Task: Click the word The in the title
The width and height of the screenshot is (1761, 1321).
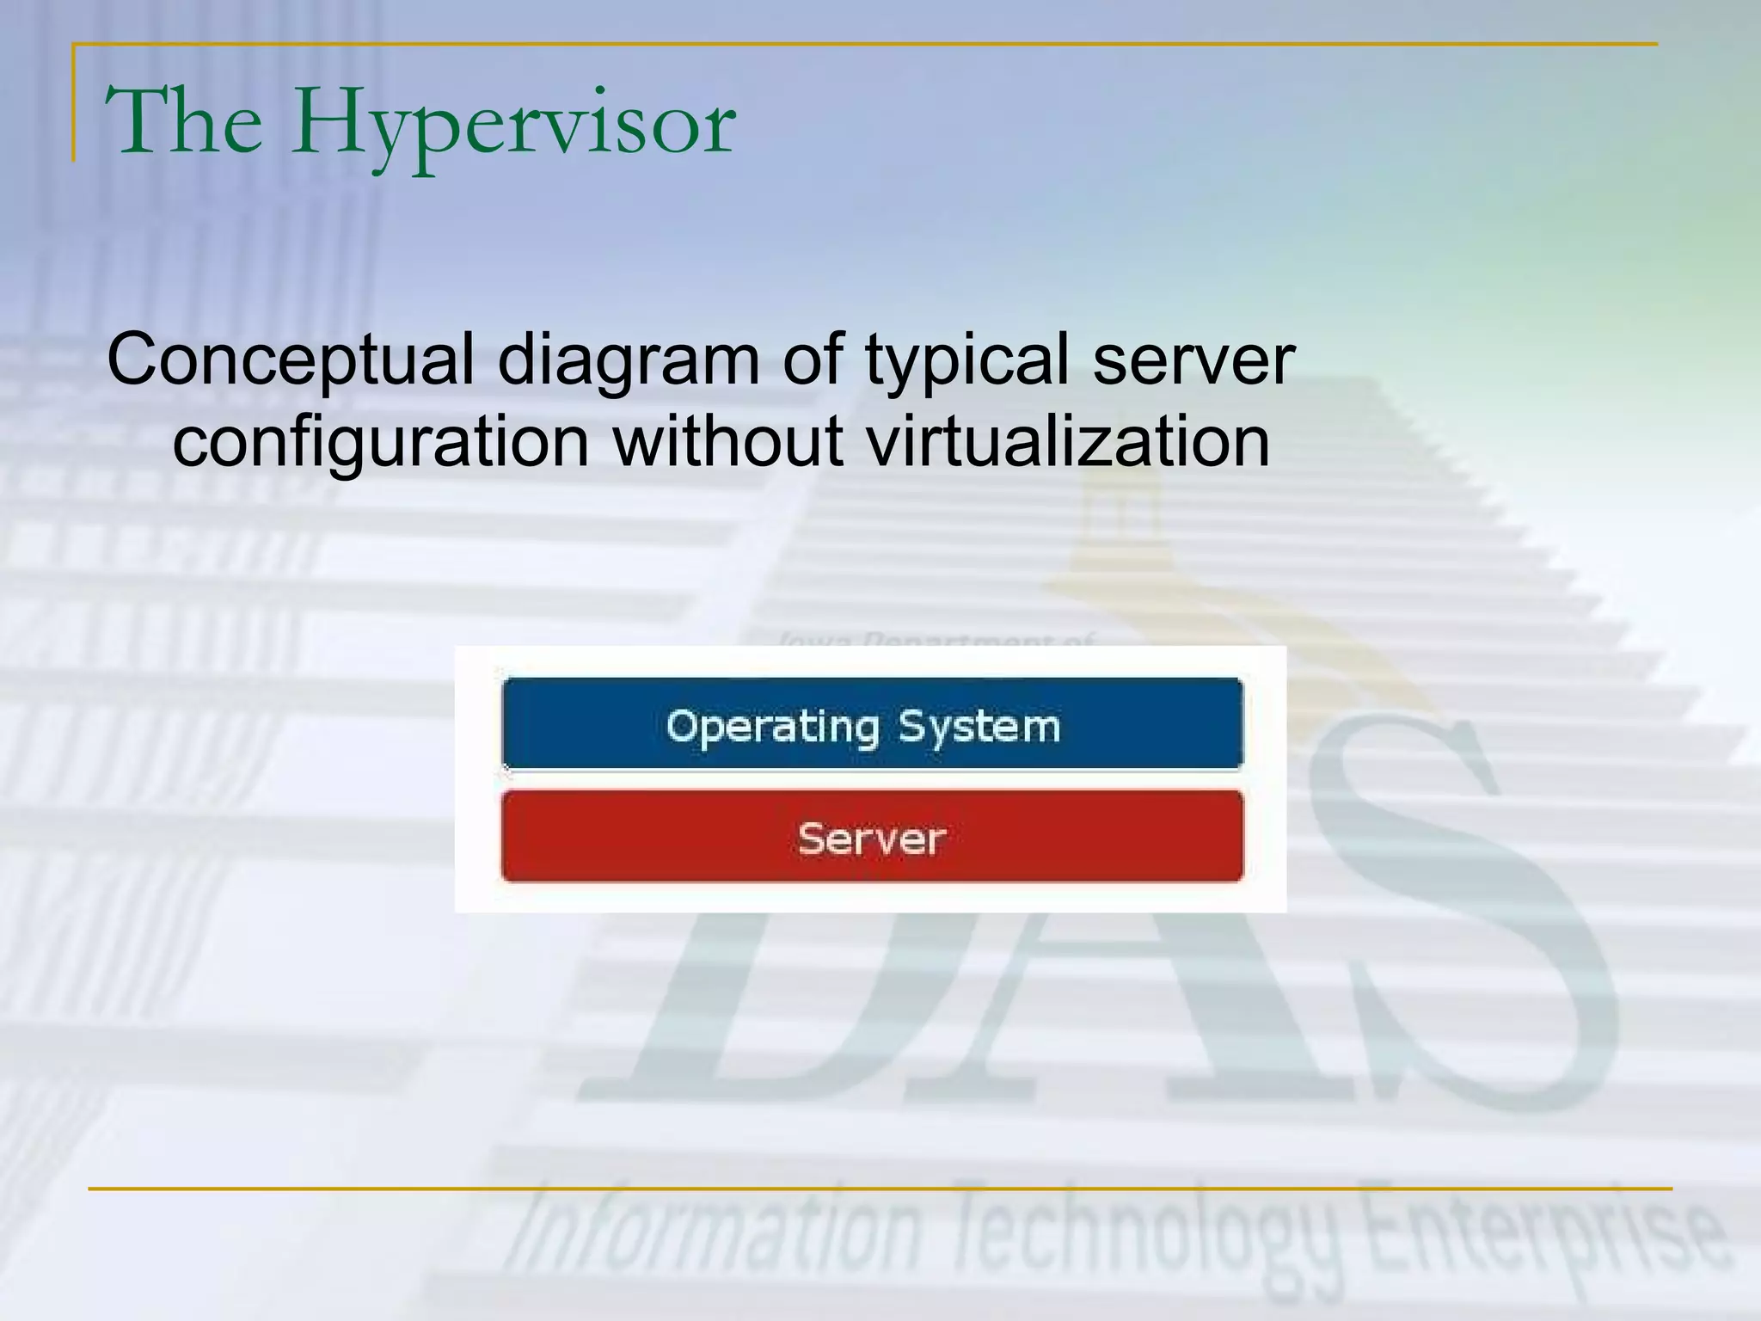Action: [183, 122]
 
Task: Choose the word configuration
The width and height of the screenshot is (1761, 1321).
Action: [381, 442]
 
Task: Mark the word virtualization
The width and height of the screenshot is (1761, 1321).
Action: [1067, 442]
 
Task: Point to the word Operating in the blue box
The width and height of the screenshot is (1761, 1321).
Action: [771, 727]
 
